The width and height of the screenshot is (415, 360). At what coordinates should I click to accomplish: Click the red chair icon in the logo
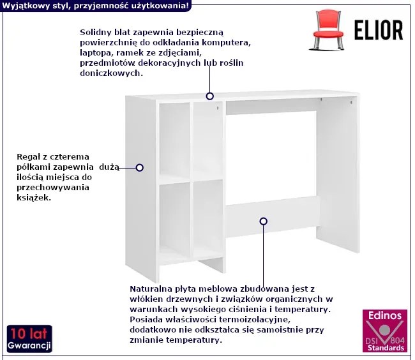(328, 30)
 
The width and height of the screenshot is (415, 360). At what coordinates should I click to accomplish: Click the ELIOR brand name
(379, 31)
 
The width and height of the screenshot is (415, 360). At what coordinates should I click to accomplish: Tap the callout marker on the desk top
(210, 96)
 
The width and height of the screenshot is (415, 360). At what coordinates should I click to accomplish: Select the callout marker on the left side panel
(140, 168)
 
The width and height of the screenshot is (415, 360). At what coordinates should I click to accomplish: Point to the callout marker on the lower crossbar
(263, 221)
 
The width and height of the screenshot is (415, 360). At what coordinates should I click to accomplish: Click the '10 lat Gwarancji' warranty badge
(29, 338)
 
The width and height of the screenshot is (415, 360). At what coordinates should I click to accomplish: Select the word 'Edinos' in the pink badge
(385, 315)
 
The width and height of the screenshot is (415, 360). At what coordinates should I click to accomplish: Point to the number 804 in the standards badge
(398, 340)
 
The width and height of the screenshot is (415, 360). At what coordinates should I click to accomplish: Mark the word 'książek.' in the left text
(34, 198)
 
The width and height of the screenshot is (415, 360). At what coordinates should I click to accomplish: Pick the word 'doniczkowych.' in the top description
(112, 73)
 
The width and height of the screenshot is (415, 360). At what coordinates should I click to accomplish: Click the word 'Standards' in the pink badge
(386, 348)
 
